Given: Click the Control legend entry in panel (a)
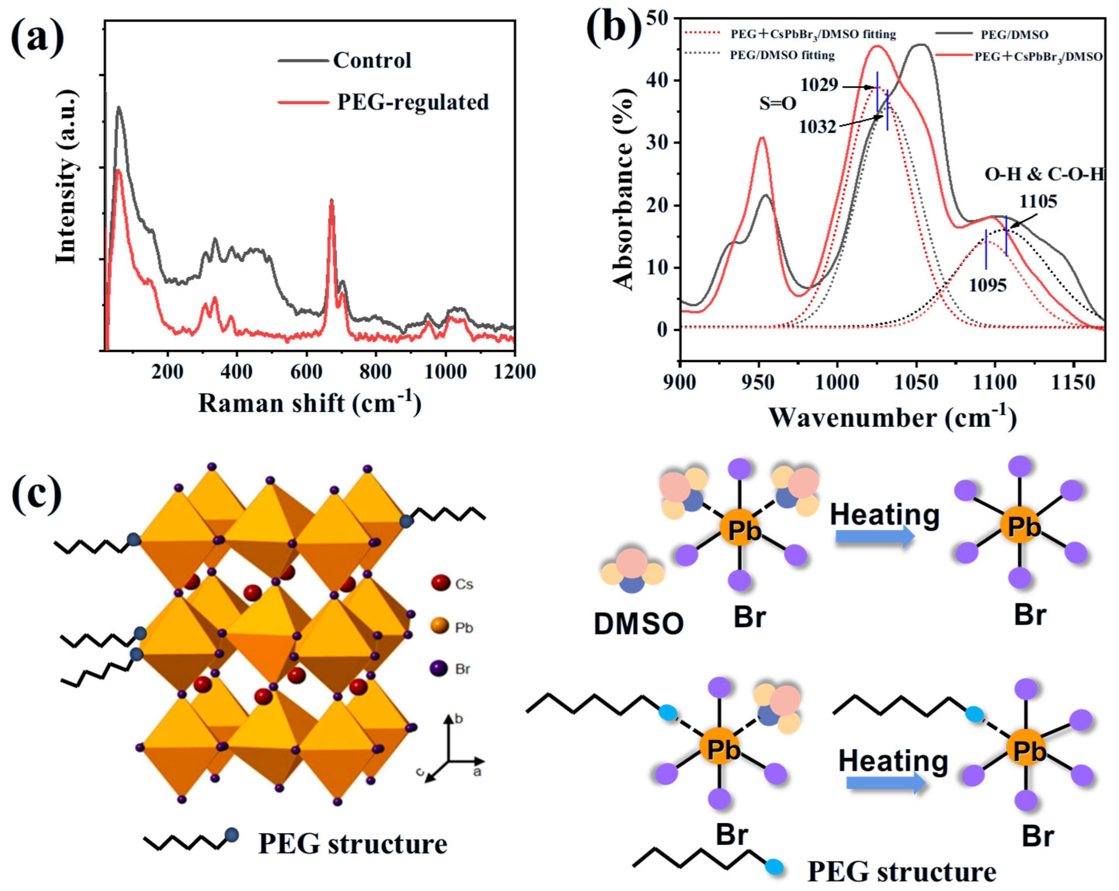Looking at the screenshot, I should (372, 60).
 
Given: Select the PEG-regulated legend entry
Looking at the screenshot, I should (413, 102).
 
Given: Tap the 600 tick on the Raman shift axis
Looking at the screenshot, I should (306, 372).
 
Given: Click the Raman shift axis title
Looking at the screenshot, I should (310, 403).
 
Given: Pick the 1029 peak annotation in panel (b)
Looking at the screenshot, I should (819, 84).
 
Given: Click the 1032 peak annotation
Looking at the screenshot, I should (817, 126).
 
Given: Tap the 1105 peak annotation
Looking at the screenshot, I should (1038, 201).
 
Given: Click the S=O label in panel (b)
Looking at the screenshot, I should (777, 103).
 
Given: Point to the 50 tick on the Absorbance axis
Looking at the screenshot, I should (659, 19).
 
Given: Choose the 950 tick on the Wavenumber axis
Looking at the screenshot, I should (759, 382).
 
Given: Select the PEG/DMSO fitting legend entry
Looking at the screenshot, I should (782, 55).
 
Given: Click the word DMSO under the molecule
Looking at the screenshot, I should (638, 624).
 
